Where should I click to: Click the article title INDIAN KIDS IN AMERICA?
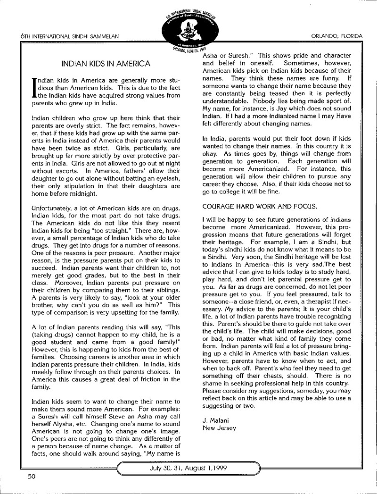[106, 63]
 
